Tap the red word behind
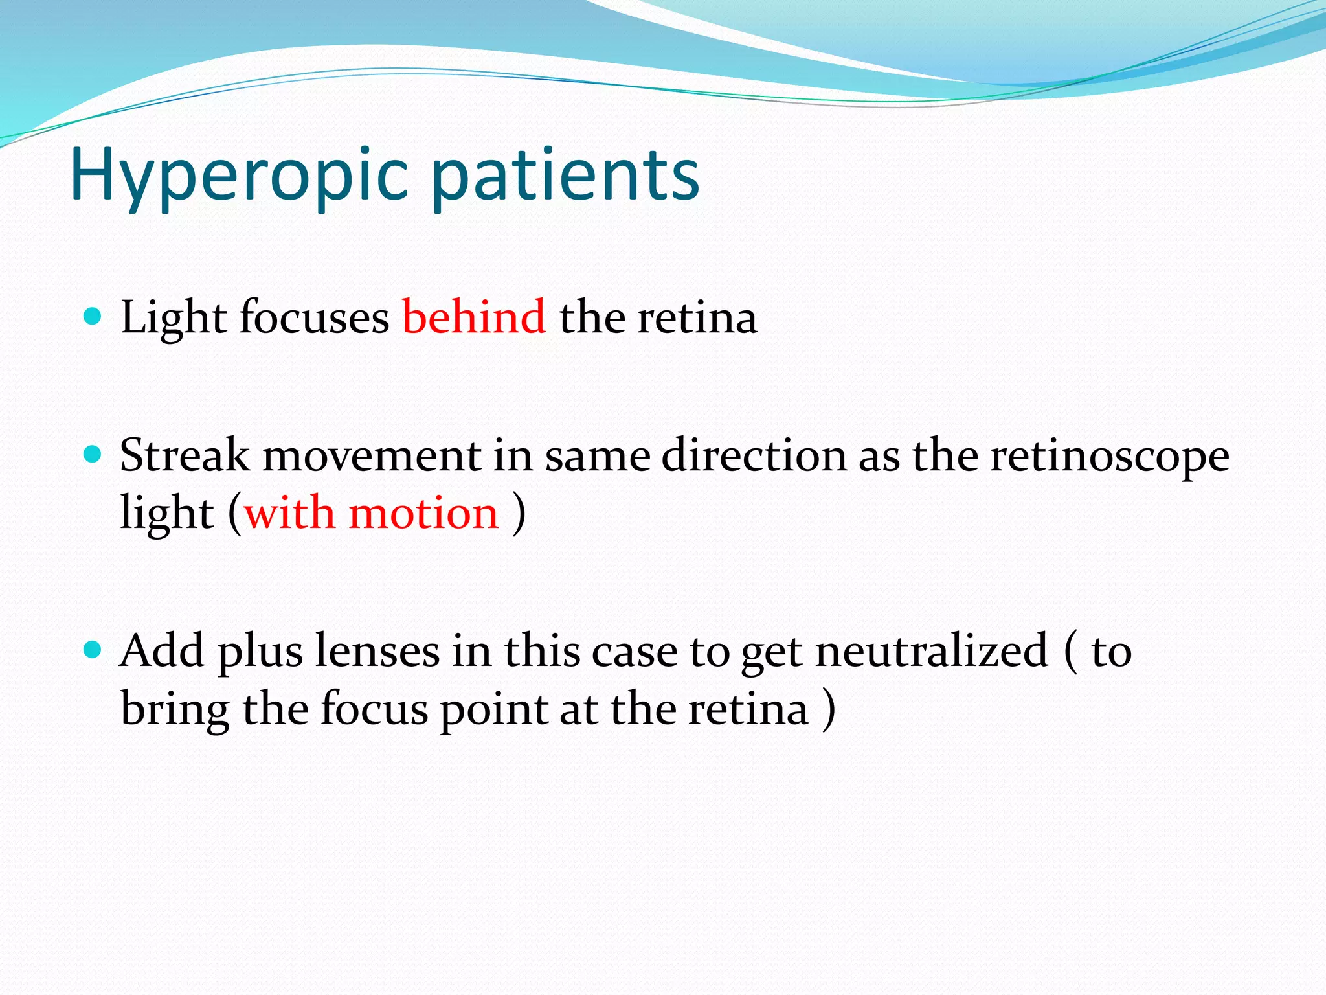coord(474,317)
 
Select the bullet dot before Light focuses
coord(93,316)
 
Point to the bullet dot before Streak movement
coord(93,453)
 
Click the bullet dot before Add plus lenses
coord(93,649)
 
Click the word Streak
coord(185,455)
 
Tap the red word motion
coord(423,513)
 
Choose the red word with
coord(289,513)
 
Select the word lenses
coord(377,651)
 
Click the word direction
coord(754,455)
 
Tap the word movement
coord(371,456)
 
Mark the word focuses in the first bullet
coord(314,317)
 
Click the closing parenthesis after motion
coord(519,513)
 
